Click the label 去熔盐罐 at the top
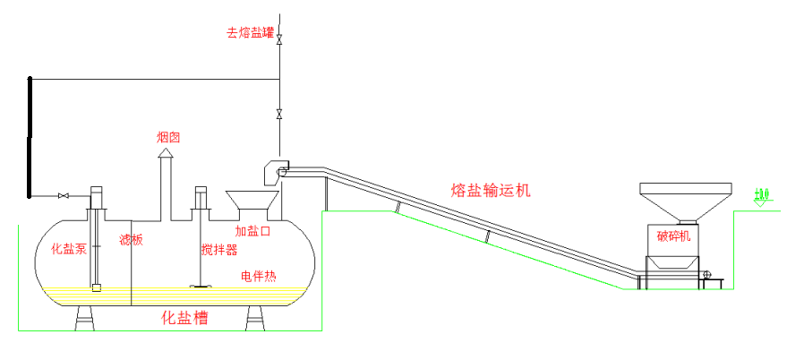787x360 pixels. [x=250, y=33]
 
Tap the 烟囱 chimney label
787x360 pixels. [x=168, y=137]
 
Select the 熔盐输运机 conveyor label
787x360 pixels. [x=491, y=190]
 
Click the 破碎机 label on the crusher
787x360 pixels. [x=674, y=236]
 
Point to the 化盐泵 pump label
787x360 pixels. [x=69, y=248]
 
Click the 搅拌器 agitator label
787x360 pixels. [x=218, y=248]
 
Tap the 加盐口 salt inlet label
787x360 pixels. [x=252, y=230]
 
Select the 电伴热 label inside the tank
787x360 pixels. [x=258, y=276]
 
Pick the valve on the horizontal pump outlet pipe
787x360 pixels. [x=64, y=195]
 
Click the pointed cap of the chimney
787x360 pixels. [x=166, y=155]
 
